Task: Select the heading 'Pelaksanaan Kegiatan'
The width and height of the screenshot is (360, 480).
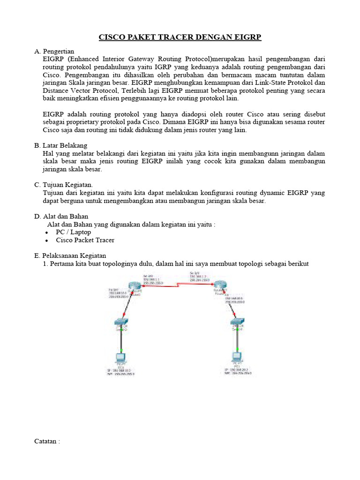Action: point(74,255)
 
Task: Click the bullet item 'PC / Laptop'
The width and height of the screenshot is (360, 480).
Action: point(73,232)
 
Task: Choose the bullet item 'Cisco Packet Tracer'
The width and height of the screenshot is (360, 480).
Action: point(85,240)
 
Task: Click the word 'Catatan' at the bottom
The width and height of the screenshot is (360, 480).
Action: point(46,441)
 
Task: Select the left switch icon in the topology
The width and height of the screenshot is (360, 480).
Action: point(121,322)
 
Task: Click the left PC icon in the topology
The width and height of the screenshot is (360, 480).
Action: point(121,358)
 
